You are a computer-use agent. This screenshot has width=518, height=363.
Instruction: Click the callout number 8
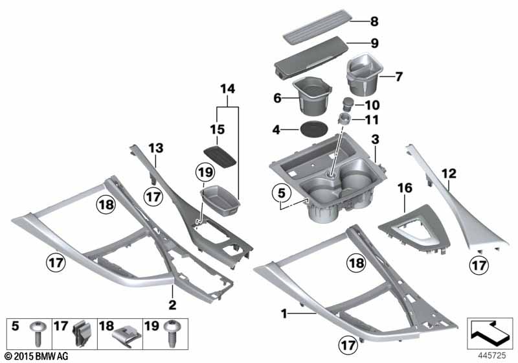click(x=374, y=21)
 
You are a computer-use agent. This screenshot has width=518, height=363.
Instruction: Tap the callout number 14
click(x=228, y=89)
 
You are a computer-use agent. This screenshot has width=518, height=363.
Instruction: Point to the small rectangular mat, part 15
click(x=220, y=156)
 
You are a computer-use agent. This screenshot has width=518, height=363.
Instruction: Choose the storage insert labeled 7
click(x=364, y=73)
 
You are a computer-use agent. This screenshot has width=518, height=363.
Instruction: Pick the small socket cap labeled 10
click(x=348, y=104)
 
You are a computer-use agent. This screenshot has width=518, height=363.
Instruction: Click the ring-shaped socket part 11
click(x=345, y=119)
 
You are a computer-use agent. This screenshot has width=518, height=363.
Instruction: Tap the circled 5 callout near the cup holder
click(x=281, y=193)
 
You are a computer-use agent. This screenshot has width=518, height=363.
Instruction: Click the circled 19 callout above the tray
click(x=205, y=172)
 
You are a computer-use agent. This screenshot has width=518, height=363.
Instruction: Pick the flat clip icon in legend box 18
click(x=127, y=336)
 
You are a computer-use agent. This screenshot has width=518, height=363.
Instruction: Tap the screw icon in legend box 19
click(x=172, y=333)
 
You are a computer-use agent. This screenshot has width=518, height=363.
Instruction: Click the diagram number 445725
click(x=492, y=355)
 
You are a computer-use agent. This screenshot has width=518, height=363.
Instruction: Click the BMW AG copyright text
click(x=37, y=356)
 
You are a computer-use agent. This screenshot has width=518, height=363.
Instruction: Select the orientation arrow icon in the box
click(x=490, y=333)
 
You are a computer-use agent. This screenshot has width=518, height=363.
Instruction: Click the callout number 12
click(x=449, y=174)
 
